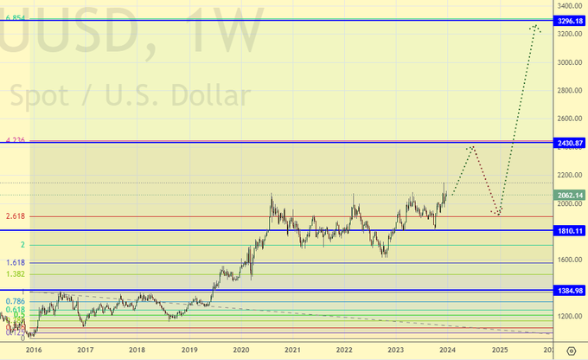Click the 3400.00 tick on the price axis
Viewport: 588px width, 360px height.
click(570, 5)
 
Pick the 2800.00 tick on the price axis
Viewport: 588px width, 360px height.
click(570, 90)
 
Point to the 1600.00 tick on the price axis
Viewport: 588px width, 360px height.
click(570, 260)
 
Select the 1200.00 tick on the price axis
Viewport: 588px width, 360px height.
click(570, 316)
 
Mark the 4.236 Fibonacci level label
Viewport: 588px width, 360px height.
click(16, 139)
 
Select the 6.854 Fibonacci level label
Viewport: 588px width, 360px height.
click(16, 17)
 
